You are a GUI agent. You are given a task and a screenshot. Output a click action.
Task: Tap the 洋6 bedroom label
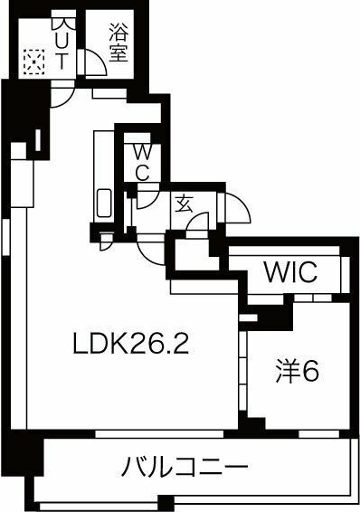pyautogui.click(x=298, y=370)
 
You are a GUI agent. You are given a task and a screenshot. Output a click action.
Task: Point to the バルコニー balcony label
pyautogui.click(x=185, y=468)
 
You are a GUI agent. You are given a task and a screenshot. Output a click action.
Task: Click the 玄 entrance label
pyautogui.click(x=184, y=204)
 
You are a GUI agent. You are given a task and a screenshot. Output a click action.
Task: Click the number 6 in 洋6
pyautogui.click(x=311, y=371)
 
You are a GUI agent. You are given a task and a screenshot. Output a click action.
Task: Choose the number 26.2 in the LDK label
pyautogui.click(x=163, y=345)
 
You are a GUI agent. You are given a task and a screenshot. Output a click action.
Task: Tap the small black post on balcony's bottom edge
pyautogui.click(x=164, y=502)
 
